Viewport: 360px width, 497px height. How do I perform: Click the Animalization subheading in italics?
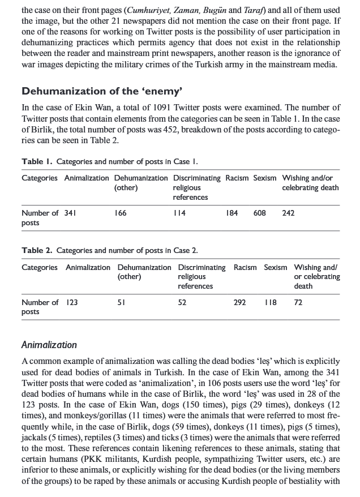click(x=49, y=345)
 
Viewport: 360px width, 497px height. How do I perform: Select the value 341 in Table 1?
click(x=70, y=213)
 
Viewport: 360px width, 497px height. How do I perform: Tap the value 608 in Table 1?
click(x=260, y=213)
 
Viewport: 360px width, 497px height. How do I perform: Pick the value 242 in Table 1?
click(x=288, y=213)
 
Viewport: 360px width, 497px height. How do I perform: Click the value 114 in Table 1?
click(x=179, y=213)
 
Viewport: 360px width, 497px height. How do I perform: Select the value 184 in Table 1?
click(x=232, y=213)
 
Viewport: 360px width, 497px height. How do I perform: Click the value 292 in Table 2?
click(x=239, y=302)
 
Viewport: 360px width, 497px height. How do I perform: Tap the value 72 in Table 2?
click(x=298, y=302)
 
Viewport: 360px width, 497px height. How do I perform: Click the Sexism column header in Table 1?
click(x=265, y=178)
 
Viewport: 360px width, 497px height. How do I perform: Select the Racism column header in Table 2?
click(x=245, y=267)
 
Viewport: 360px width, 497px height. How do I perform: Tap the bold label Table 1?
click(x=37, y=162)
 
